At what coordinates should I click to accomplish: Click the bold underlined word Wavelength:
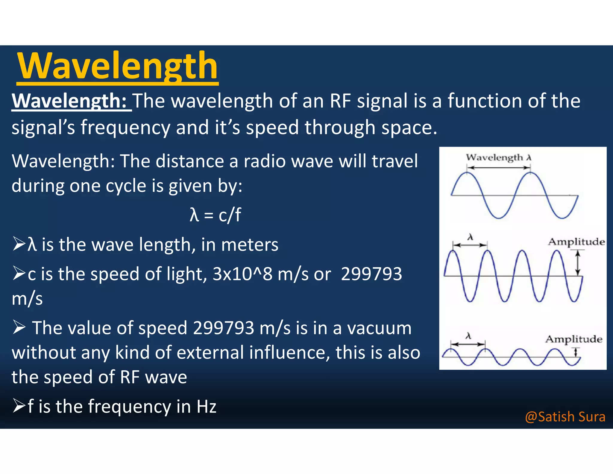click(x=71, y=101)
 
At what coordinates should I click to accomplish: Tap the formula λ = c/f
click(x=215, y=215)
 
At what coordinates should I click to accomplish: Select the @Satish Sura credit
click(x=565, y=417)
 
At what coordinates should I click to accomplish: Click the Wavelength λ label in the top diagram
click(x=499, y=158)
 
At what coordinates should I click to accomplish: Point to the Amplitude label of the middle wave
click(x=576, y=241)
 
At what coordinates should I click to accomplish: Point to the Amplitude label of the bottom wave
click(x=574, y=339)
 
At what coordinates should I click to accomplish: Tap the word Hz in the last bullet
click(x=206, y=407)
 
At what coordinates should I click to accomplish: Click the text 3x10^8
click(x=242, y=274)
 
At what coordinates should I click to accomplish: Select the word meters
click(x=250, y=245)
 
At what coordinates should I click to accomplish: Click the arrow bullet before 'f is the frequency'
click(x=19, y=406)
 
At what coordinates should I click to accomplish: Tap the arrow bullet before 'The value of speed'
click(x=19, y=327)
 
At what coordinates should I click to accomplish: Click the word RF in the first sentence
click(x=340, y=101)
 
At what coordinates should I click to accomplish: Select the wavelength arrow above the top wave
click(x=499, y=168)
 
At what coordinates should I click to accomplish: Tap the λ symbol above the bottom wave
click(x=468, y=336)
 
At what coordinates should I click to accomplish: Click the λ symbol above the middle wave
click(x=470, y=238)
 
